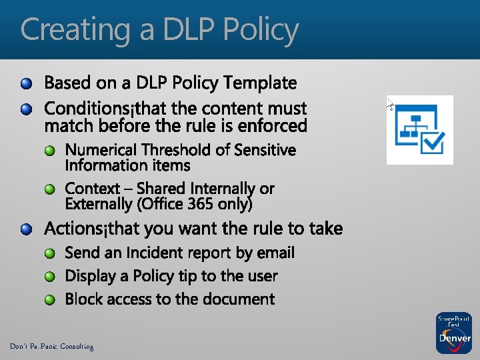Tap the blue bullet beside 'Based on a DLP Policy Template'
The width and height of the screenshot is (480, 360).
point(26,84)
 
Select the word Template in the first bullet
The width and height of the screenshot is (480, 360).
point(261,83)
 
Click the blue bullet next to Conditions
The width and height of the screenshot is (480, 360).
point(26,109)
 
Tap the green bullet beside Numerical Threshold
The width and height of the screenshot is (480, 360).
point(51,151)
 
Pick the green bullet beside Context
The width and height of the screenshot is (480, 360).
point(51,189)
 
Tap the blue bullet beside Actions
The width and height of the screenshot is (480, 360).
point(26,230)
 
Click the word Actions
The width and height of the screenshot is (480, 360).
point(70,229)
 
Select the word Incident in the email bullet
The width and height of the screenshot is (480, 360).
point(154,253)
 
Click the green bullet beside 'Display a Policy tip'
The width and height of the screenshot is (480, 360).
point(51,277)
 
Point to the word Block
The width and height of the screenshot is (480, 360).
point(84,299)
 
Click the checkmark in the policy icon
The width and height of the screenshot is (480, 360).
point(434,141)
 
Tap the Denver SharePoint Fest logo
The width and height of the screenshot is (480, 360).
point(453,332)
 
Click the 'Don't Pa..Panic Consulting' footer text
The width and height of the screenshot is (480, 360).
point(51,347)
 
